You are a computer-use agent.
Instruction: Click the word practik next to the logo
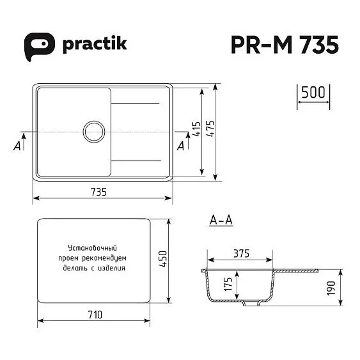click(95, 43)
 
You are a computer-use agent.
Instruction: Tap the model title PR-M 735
click(283, 45)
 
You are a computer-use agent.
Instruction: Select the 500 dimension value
click(313, 92)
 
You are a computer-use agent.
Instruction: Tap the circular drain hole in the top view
click(94, 131)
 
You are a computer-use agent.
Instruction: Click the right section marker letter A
click(180, 147)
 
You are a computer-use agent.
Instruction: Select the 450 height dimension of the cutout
click(163, 259)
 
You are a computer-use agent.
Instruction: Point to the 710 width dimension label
click(95, 314)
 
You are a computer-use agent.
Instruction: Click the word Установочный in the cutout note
click(95, 247)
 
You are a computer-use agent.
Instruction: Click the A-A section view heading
click(220, 221)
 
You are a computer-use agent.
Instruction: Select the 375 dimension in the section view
click(240, 253)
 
